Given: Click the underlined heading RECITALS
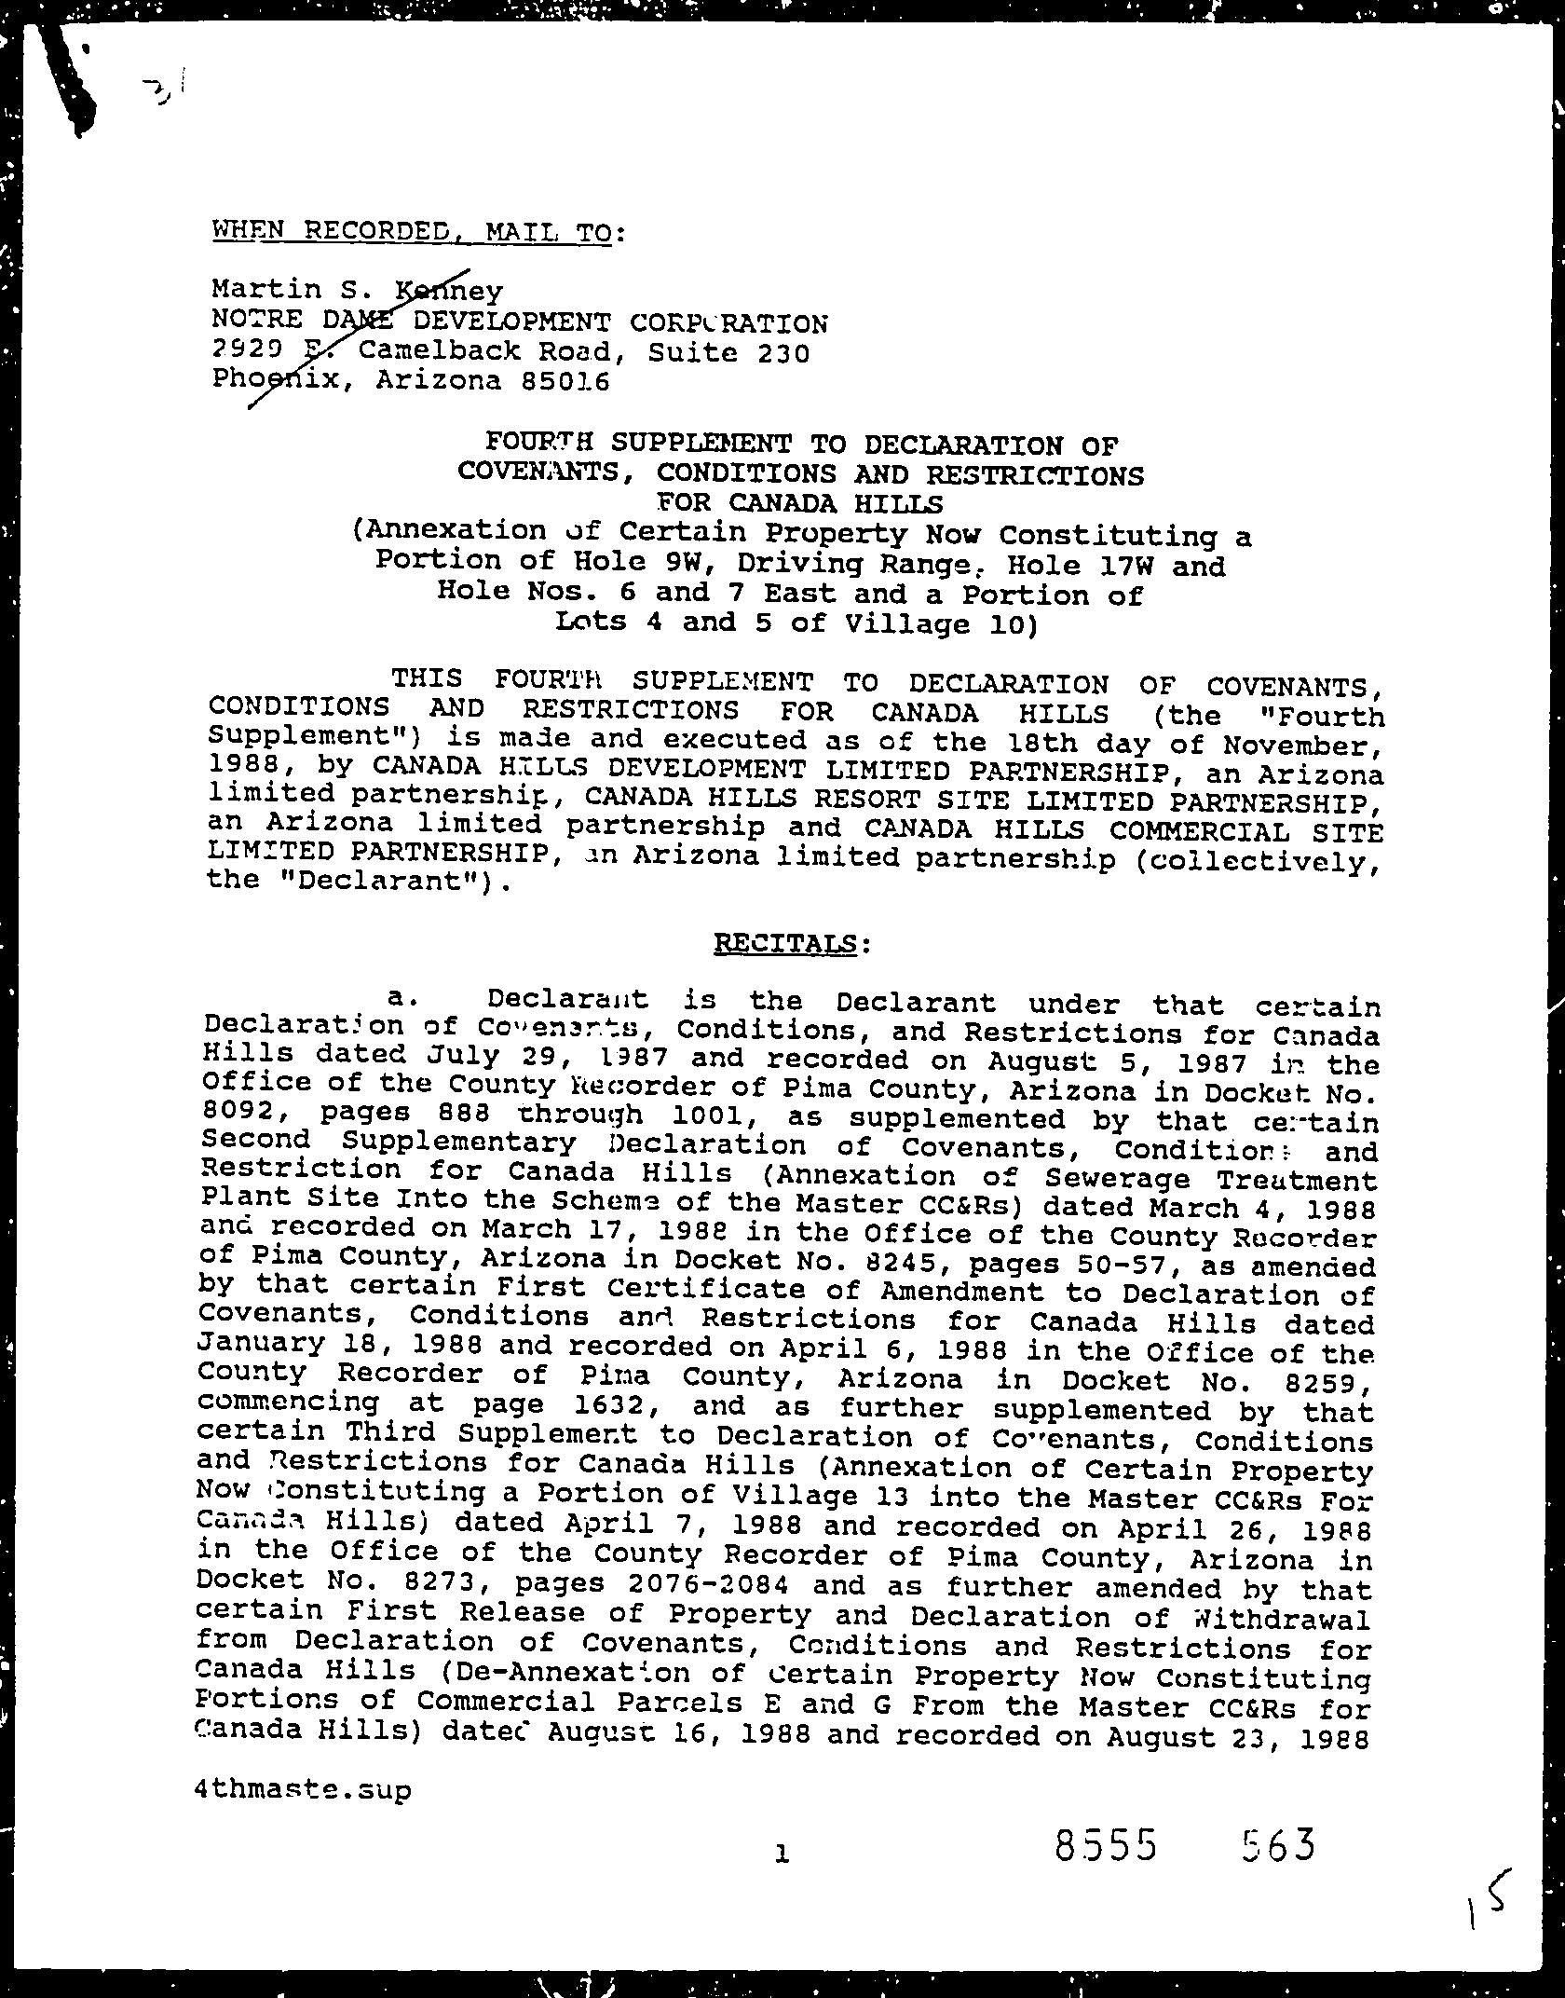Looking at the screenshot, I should [784, 944].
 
